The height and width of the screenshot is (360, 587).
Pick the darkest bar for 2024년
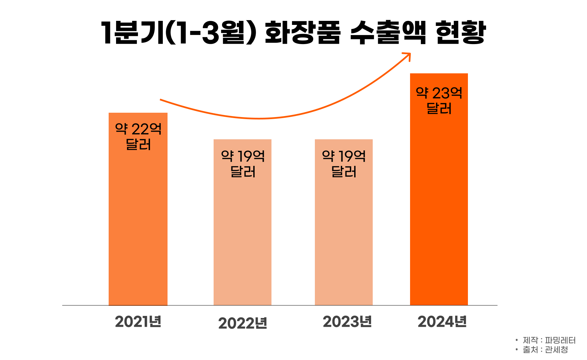[x=439, y=209]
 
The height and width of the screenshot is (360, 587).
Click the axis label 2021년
[x=138, y=322]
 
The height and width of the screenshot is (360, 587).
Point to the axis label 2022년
[x=243, y=323]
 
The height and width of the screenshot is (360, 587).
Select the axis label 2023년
[x=347, y=322]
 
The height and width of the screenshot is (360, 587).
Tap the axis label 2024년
[x=442, y=322]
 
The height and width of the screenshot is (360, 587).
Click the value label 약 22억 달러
[x=138, y=137]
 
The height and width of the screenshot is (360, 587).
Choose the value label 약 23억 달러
[x=439, y=101]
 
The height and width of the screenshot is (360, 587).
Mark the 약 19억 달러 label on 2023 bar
[x=344, y=164]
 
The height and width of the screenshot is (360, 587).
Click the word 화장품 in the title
[x=302, y=33]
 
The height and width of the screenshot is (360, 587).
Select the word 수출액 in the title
[x=388, y=33]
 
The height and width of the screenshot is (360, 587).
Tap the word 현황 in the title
[x=461, y=33]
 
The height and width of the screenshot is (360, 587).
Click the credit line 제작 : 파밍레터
[x=549, y=340]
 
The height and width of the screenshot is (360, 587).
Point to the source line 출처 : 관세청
[x=545, y=350]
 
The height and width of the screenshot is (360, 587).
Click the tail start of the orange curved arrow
[x=161, y=100]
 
